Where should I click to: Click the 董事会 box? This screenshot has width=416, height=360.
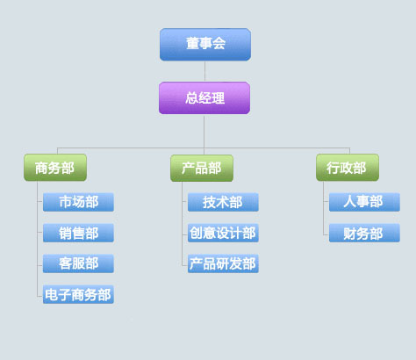[x=205, y=45]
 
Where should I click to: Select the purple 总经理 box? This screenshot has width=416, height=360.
[x=204, y=98]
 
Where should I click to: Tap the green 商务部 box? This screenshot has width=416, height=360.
[x=55, y=168]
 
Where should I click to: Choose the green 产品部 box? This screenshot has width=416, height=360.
[x=202, y=168]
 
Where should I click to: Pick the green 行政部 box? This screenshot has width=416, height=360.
[x=348, y=168]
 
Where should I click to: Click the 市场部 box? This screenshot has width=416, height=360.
[x=78, y=202]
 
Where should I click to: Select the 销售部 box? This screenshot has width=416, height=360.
[x=78, y=233]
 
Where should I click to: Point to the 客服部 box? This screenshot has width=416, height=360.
[x=78, y=263]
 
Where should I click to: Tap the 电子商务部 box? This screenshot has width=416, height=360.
[x=78, y=294]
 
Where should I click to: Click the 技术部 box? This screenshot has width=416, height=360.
[x=223, y=202]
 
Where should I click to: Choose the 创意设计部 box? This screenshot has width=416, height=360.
[x=223, y=233]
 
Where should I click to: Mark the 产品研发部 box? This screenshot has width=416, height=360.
[x=223, y=263]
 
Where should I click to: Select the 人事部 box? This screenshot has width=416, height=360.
[x=364, y=202]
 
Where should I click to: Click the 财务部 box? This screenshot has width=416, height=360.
[x=364, y=233]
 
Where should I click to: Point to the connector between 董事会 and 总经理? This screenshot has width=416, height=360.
[x=204, y=71]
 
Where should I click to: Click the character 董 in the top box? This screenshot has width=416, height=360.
[x=192, y=44]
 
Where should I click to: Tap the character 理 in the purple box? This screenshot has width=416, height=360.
[x=219, y=98]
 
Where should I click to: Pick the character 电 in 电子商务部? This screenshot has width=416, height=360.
[x=52, y=295]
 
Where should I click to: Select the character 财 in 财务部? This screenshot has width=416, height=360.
[x=350, y=234]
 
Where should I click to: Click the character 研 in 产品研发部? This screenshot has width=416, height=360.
[x=223, y=263]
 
